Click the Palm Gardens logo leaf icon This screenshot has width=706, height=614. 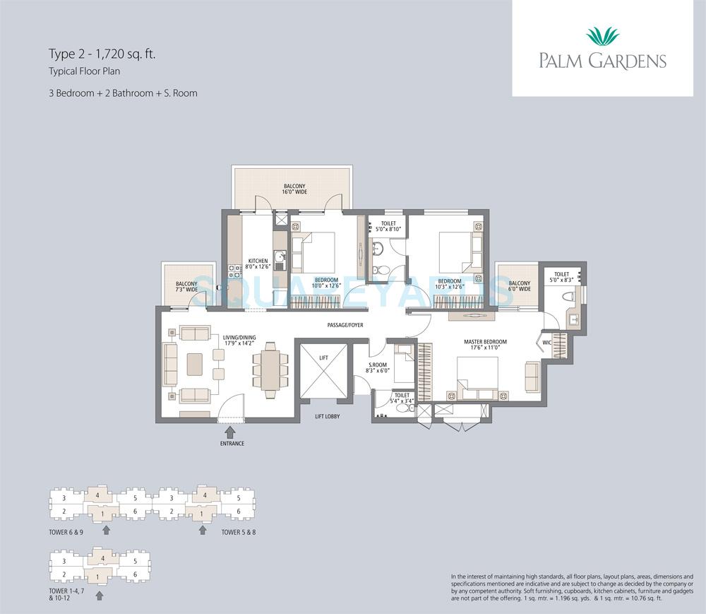click(x=602, y=35)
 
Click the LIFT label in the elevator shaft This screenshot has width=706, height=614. click(x=323, y=358)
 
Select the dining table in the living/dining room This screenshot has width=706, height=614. click(x=270, y=367)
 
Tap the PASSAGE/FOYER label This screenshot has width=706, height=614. click(x=345, y=326)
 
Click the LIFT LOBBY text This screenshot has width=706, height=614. click(x=327, y=417)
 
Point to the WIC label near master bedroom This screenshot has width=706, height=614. click(x=546, y=343)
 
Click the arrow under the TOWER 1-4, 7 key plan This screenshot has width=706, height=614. click(x=99, y=596)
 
